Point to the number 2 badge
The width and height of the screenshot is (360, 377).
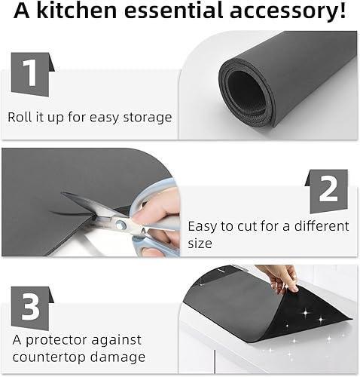click(x=328, y=190)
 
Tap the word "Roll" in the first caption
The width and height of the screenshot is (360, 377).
click(x=21, y=117)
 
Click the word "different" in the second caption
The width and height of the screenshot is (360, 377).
click(x=322, y=226)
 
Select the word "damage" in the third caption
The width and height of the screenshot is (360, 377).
click(x=120, y=357)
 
